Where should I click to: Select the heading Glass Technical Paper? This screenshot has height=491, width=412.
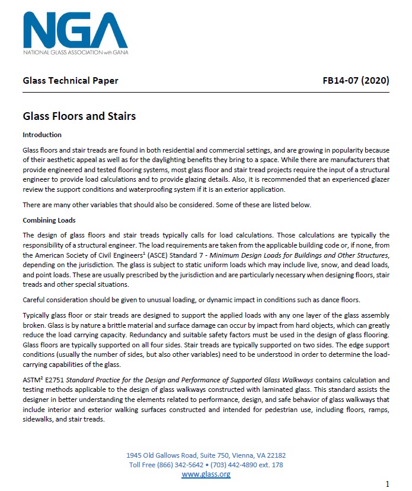(x=71, y=81)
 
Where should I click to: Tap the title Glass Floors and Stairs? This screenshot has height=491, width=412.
(x=79, y=116)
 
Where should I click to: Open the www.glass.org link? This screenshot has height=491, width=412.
(x=206, y=474)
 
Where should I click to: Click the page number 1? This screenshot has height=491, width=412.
(x=387, y=483)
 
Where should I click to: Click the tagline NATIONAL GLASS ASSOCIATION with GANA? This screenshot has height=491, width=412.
(x=75, y=52)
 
